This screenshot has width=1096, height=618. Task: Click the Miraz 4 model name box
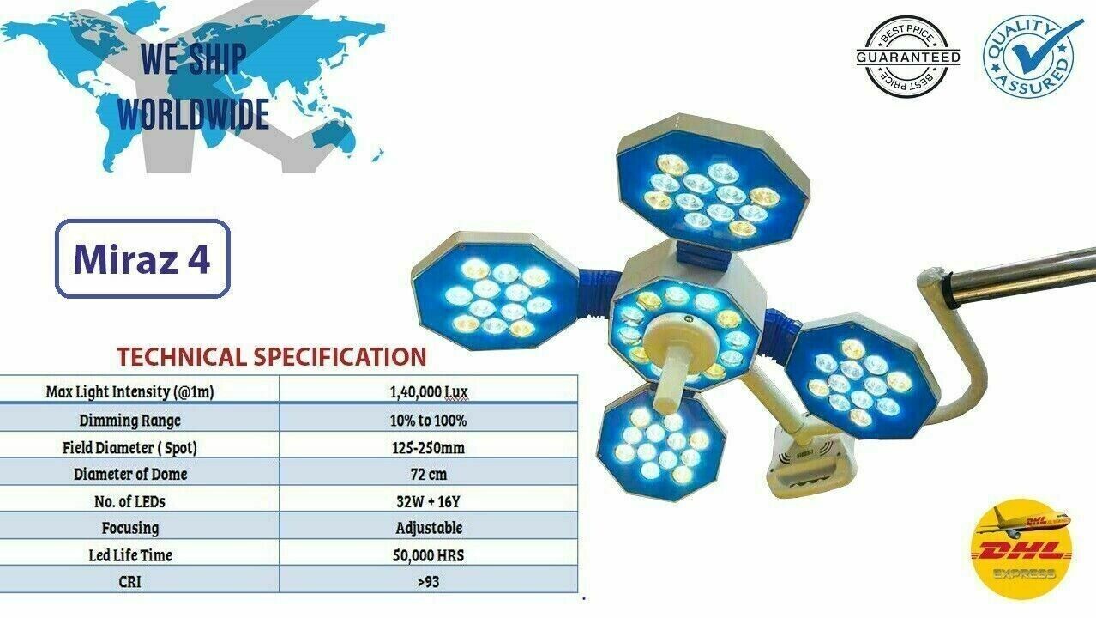point(142,258)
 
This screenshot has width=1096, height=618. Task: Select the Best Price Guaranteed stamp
point(907,57)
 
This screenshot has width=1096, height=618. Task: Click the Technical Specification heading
point(272,356)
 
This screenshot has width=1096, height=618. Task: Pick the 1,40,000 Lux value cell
point(429,391)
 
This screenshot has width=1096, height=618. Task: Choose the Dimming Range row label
point(130,421)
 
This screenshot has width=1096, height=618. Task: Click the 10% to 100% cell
point(429,421)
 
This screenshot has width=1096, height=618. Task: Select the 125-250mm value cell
point(429,447)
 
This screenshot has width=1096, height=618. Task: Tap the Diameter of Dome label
point(130,474)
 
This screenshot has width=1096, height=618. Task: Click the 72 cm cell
point(429,474)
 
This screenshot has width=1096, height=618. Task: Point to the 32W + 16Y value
point(429,501)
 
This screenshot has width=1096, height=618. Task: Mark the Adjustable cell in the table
point(429,528)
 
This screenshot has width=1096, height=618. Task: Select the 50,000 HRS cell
point(429,555)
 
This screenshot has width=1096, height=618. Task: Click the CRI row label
point(129,582)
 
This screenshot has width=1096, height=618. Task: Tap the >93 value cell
point(429,582)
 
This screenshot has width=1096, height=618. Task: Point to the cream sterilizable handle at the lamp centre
point(672,361)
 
